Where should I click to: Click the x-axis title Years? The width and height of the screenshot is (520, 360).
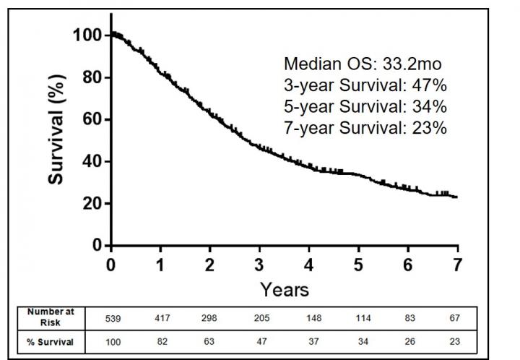pos(285,290)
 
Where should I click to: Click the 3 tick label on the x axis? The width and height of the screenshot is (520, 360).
pos(259,265)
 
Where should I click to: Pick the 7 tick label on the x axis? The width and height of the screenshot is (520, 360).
pos(457,265)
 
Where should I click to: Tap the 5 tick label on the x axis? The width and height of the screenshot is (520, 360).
pos(358,265)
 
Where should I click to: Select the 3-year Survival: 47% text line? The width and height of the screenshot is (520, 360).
pos(365,85)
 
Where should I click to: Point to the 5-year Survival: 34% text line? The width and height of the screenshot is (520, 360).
pos(365,107)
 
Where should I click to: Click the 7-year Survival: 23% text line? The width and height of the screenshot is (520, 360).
pos(365,128)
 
